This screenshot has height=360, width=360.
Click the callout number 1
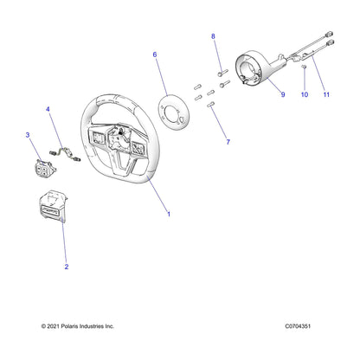pyautogui.click(x=168, y=214)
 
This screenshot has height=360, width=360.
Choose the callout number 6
pyautogui.click(x=155, y=55)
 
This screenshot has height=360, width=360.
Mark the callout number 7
pyautogui.click(x=227, y=140)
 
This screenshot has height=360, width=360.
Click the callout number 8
pyautogui.click(x=214, y=36)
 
